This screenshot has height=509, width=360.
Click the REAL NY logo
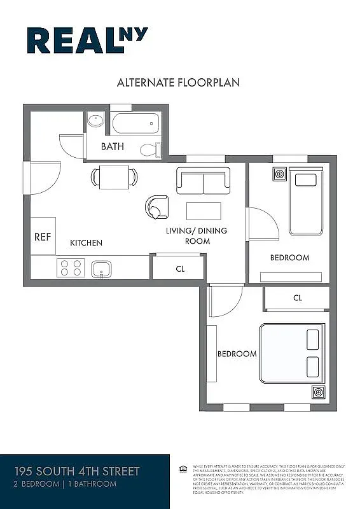[87, 40]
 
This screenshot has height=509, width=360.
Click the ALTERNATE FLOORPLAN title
[178, 83]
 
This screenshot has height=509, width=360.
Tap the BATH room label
[112, 147]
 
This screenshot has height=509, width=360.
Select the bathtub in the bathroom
[135, 123]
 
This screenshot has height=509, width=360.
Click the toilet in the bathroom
[149, 150]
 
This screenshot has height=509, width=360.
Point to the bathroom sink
[95, 120]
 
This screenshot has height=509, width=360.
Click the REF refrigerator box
[43, 236]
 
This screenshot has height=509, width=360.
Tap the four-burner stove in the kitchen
[71, 268]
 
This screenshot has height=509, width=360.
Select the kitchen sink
[101, 269]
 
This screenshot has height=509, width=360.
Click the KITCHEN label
[86, 242]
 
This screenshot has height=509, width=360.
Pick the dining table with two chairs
[114, 176]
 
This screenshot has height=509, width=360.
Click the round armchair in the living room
[156, 207]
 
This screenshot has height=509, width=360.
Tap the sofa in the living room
[203, 181]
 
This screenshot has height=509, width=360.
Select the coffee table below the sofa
[204, 211]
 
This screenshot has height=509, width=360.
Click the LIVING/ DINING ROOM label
[197, 235]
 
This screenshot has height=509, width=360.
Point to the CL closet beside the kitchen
[179, 268]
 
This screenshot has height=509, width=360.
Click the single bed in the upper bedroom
[306, 200]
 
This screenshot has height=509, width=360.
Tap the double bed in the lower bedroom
[292, 353]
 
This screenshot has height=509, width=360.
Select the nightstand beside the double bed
[318, 392]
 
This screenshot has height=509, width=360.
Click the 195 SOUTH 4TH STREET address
[77, 471]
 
